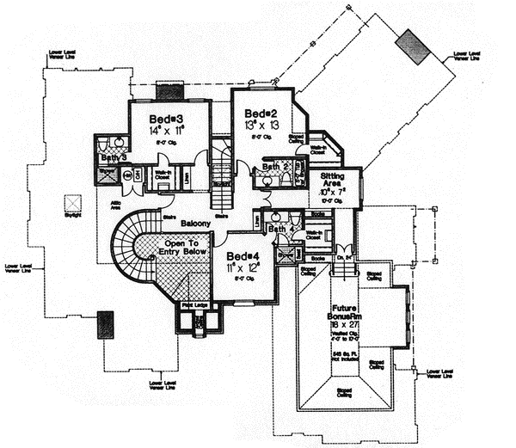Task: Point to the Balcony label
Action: pos(196,223)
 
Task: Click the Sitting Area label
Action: pos(332,180)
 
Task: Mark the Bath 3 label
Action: pos(114,157)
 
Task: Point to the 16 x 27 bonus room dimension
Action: pos(350,326)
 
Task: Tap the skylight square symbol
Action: pos(72,205)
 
